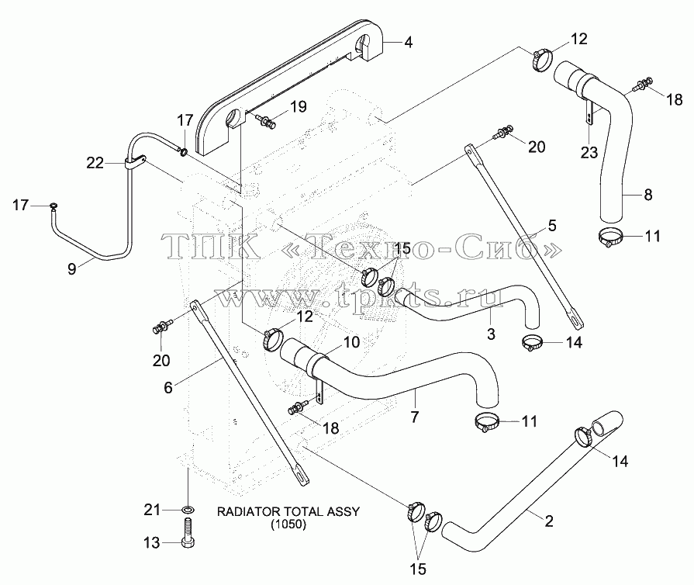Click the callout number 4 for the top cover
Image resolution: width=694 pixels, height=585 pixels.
tap(408, 43)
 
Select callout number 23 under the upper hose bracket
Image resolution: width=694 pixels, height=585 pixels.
tap(589, 153)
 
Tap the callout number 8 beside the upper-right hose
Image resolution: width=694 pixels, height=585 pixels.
tap(648, 195)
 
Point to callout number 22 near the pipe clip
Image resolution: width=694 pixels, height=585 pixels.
tap(95, 164)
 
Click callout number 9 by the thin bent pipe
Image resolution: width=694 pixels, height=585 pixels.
tap(71, 268)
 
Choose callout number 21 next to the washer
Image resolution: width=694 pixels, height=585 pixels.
tap(152, 511)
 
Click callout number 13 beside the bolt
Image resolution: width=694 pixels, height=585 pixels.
tap(152, 542)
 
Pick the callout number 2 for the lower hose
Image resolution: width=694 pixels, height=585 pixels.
tap(549, 521)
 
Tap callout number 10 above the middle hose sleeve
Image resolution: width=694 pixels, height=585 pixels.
tap(351, 342)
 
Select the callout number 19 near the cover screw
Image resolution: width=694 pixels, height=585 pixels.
tap(299, 107)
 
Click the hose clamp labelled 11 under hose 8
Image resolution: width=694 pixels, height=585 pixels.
tap(610, 237)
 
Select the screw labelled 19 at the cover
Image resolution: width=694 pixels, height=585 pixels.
tap(267, 120)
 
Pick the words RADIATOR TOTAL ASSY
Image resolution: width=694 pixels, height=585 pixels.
tap(288, 511)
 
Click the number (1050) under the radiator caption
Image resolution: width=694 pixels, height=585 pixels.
tap(288, 524)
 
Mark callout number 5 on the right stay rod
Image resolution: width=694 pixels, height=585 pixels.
tap(551, 226)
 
